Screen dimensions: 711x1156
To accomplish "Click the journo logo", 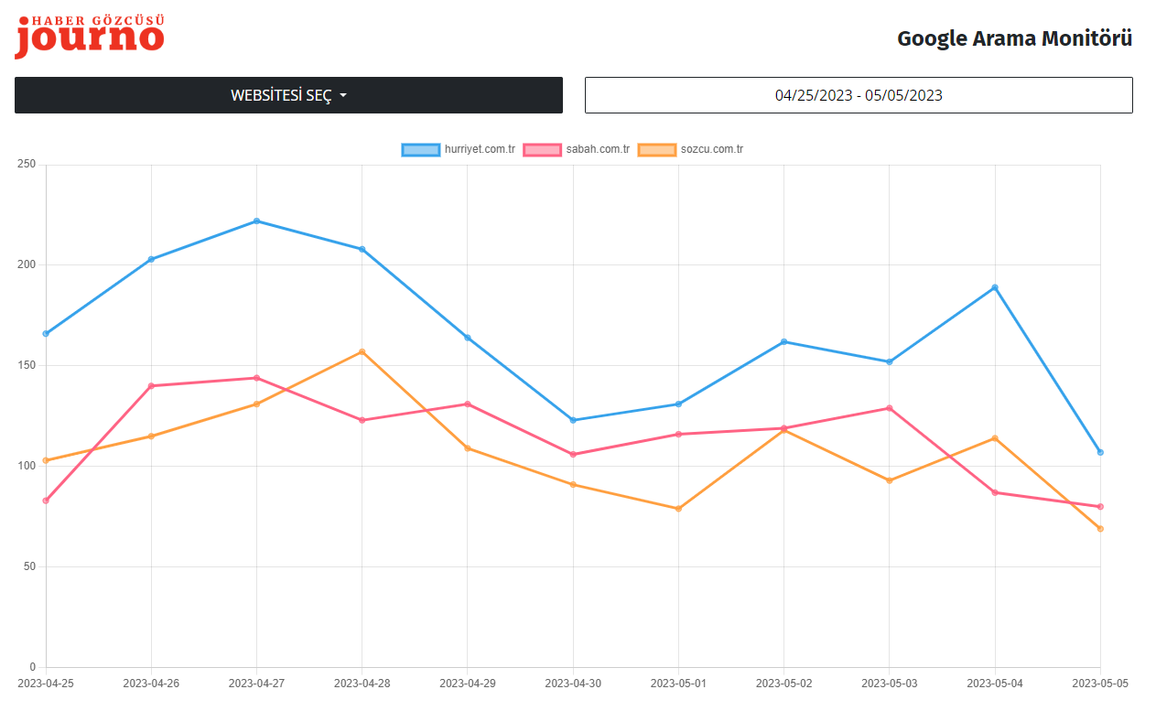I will coord(90,37).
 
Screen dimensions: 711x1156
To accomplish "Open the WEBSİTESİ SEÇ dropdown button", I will coord(288,95).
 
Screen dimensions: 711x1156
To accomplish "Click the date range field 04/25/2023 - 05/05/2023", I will coord(859,95).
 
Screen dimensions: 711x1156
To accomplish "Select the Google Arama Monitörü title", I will coord(1014,38).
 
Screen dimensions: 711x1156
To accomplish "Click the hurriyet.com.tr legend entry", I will coord(459,149).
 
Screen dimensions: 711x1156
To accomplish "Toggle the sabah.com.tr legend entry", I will coord(577,149).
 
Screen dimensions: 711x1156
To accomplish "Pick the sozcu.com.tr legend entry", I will coord(691,149).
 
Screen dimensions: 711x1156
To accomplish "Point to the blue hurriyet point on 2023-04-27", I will coord(256,221).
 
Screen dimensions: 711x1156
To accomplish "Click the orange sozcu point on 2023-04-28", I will coord(362,351).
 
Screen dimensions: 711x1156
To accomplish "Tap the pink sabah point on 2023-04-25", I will coord(46,501).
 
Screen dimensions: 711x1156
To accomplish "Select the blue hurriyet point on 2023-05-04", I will coord(995,287).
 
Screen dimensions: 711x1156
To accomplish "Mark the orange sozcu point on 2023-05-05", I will coord(1100,529).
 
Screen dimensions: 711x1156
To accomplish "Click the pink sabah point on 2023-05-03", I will coord(890,408).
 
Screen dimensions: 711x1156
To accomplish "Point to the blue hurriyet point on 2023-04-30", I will coord(573,420).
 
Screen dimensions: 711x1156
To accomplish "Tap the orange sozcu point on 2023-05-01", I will coord(678,509).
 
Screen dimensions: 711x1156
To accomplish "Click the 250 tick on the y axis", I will coord(27,165).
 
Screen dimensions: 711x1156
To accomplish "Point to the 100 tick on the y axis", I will coord(27,466).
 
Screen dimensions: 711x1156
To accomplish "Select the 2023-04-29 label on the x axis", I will coord(468,683).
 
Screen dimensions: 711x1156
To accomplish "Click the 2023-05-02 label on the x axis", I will coord(783,683).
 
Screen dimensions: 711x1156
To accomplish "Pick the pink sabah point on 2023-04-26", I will coord(151,385).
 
